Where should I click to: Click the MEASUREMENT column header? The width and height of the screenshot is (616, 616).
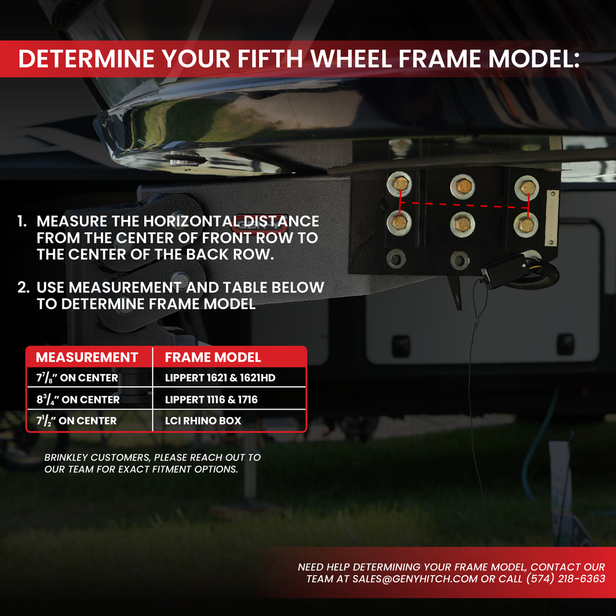tap(87, 357)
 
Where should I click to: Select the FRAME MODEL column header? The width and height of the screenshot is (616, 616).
tap(213, 357)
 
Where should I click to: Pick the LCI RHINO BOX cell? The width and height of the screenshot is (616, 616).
tap(203, 421)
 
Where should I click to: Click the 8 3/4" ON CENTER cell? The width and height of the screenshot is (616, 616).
tap(77, 399)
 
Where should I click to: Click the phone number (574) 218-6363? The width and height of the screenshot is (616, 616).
tap(565, 579)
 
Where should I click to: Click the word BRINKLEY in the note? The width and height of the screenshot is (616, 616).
tap(66, 457)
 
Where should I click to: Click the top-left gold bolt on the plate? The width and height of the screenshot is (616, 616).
tap(400, 183)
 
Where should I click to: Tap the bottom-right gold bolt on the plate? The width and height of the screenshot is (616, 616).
tap(526, 226)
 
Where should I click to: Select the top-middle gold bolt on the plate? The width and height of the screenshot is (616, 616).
tap(463, 186)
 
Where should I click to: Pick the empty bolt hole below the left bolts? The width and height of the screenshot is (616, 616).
tap(396, 259)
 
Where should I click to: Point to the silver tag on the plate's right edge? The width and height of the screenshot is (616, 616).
tap(552, 218)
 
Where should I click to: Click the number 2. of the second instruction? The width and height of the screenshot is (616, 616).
tap(23, 288)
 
